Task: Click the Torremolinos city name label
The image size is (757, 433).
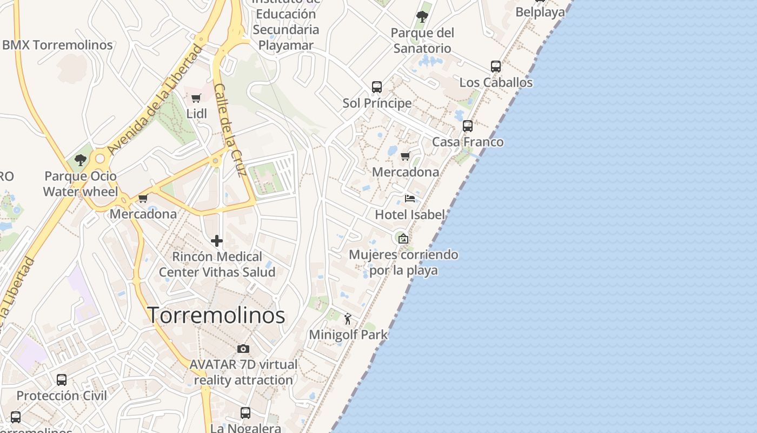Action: [x=216, y=315]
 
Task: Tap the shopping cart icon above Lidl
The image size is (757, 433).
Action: [x=196, y=99]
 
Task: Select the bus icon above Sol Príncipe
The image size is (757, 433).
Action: [x=377, y=87]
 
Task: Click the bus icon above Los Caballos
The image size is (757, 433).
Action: [x=496, y=67]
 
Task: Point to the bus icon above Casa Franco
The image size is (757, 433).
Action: [x=468, y=126]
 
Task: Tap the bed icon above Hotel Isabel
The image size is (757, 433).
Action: [x=410, y=199]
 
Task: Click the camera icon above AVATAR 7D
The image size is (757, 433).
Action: [x=243, y=349]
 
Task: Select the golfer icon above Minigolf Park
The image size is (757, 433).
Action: [x=348, y=319]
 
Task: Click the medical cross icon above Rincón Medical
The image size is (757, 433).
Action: [x=217, y=241]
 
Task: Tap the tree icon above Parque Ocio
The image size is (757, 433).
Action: [x=81, y=160]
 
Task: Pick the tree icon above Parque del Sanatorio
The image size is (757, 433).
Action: [x=422, y=17]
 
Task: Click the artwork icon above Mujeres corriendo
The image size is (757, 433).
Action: [x=403, y=239]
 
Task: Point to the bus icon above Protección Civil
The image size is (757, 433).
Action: [x=62, y=380]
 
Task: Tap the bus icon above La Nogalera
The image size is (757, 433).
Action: [x=245, y=413]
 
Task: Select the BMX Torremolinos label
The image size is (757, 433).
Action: [x=57, y=45]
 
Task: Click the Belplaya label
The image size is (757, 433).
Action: [x=540, y=12]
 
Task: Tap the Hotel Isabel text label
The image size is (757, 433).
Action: [x=410, y=214]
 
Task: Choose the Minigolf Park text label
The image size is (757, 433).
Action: [x=348, y=334]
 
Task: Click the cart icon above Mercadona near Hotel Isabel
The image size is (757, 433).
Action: [x=405, y=156]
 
